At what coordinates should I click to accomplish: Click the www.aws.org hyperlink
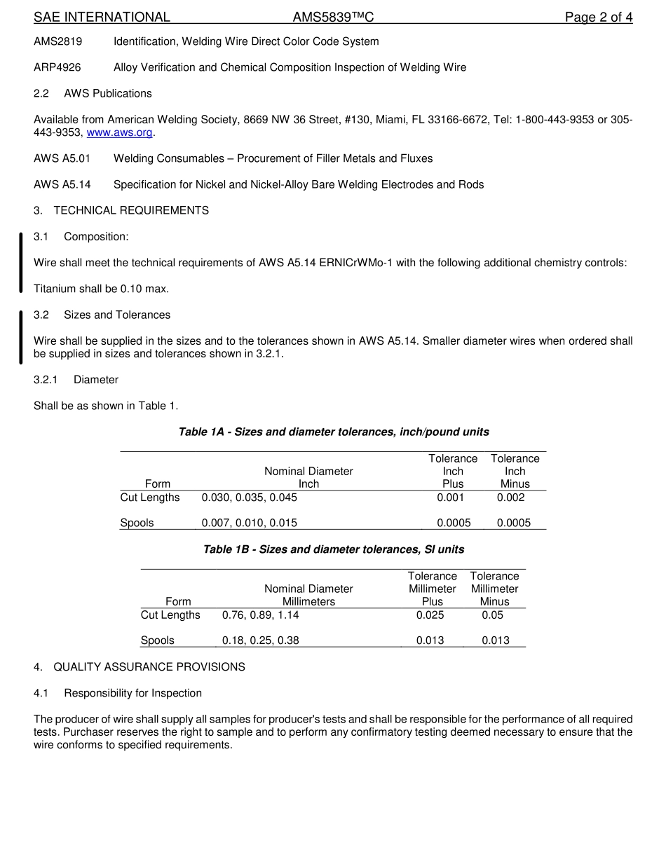[x=119, y=132]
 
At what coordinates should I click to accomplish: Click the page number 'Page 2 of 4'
[x=599, y=18]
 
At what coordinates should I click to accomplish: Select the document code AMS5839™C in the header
[x=333, y=18]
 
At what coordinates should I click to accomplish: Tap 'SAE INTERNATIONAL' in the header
[x=102, y=18]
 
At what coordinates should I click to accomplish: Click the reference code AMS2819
[x=57, y=41]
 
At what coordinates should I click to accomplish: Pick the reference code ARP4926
[x=57, y=67]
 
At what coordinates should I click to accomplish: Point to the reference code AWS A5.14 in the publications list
[x=62, y=184]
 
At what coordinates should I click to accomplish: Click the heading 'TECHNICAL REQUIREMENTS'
[x=131, y=210]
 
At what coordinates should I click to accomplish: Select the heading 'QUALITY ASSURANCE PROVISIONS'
[x=149, y=666]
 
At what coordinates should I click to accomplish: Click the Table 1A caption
[x=334, y=432]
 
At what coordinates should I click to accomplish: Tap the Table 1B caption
[x=334, y=549]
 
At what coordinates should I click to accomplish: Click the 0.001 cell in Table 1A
[x=450, y=498]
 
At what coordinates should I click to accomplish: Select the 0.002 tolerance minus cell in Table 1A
[x=510, y=498]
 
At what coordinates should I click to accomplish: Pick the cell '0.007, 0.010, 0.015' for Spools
[x=249, y=523]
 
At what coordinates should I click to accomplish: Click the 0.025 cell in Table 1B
[x=430, y=615]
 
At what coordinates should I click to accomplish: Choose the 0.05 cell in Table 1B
[x=492, y=615]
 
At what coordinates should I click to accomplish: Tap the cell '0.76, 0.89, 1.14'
[x=260, y=615]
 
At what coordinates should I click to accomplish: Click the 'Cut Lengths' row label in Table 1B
[x=170, y=615]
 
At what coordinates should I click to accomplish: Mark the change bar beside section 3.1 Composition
[x=21, y=262]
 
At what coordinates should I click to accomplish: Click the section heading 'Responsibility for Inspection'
[x=132, y=693]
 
